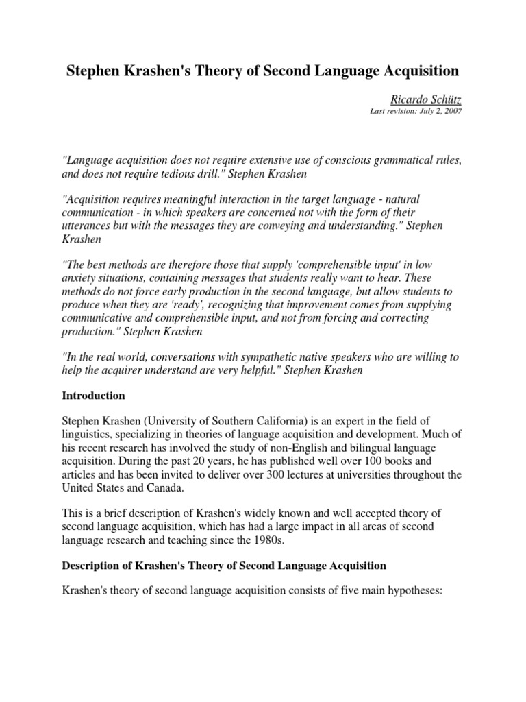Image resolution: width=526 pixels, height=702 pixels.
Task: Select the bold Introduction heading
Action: click(x=93, y=396)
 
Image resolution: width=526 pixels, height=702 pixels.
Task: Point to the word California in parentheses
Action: click(x=271, y=420)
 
